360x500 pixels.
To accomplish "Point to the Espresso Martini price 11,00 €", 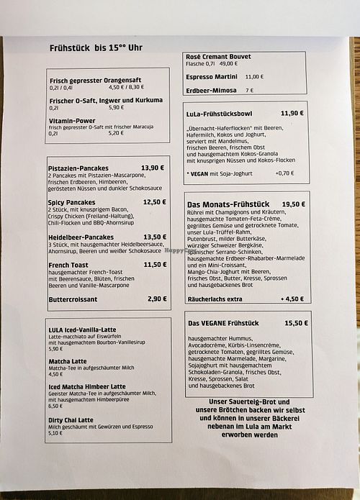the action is (254, 76).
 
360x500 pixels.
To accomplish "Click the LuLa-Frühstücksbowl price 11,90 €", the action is (292, 113).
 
